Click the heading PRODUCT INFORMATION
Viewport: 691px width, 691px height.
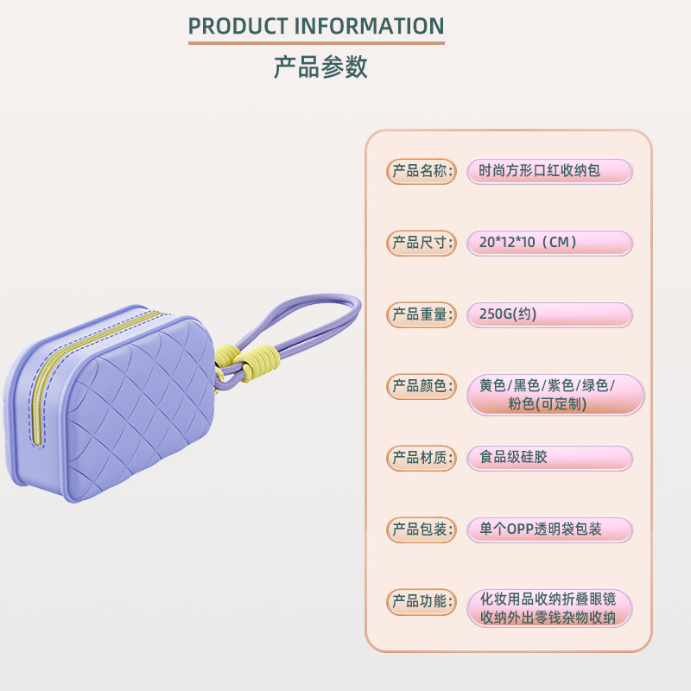pos(316,26)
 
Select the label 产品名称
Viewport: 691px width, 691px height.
pos(421,171)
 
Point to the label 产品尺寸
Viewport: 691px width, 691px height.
pos(421,243)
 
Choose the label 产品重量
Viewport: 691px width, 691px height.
pos(421,314)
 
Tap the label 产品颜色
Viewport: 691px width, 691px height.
pos(421,386)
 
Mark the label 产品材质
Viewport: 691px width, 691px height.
pos(421,458)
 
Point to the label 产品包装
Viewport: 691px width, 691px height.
pos(421,529)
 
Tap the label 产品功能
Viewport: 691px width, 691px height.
pos(421,601)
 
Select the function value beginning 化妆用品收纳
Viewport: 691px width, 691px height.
pos(549,608)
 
